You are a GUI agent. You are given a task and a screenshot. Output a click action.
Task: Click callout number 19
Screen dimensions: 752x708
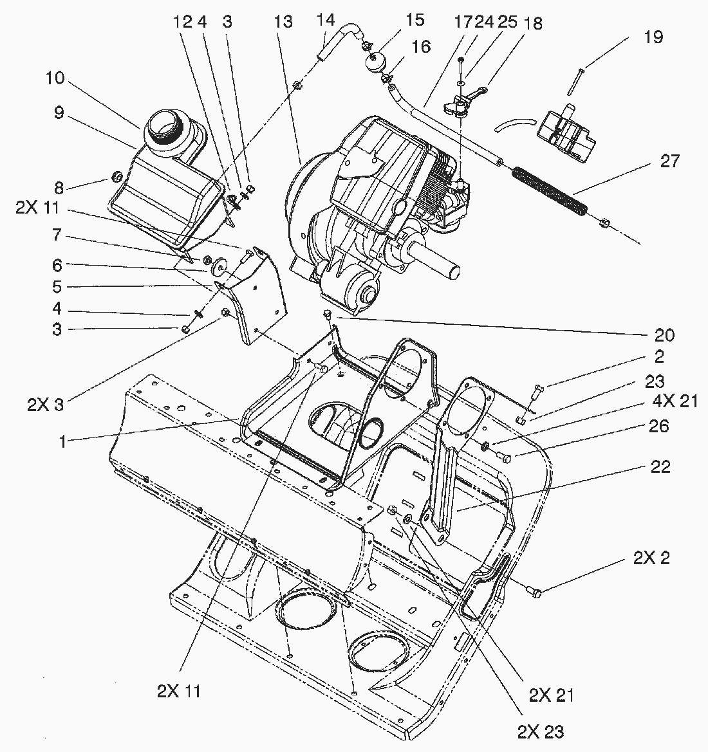[653, 37]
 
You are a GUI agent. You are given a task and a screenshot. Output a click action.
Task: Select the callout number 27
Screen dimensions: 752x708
[670, 161]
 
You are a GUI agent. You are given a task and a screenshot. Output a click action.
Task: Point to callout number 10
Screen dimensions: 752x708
[55, 79]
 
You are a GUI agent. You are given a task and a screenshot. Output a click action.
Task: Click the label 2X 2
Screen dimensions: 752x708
[651, 558]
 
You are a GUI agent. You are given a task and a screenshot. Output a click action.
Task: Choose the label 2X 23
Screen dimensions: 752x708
[540, 731]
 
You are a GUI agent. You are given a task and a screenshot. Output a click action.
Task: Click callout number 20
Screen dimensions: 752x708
[664, 335]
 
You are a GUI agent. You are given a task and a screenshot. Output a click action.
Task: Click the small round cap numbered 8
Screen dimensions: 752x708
[117, 176]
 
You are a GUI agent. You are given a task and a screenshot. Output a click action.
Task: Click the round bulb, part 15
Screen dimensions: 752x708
[374, 64]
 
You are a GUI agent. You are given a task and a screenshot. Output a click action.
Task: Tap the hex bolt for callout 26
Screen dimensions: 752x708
[505, 458]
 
